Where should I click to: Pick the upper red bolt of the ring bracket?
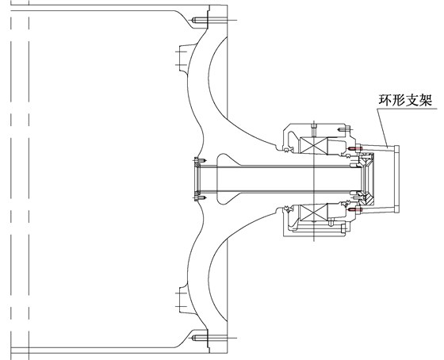click(351, 148)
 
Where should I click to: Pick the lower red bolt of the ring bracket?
click(351, 211)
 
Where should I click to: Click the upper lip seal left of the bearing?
click(283, 144)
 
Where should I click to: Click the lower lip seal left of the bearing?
click(283, 210)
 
